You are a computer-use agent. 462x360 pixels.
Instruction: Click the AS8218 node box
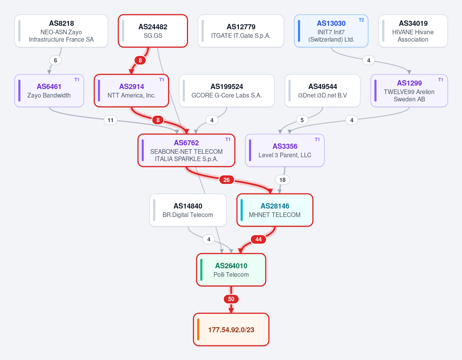[61, 31]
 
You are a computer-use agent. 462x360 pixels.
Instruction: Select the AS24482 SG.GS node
[153, 31]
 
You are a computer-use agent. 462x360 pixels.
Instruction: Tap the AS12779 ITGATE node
[241, 31]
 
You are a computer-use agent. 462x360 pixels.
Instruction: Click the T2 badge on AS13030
[361, 20]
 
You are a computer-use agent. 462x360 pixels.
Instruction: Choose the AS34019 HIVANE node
[413, 31]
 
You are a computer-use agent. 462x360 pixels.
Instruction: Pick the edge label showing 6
[55, 61]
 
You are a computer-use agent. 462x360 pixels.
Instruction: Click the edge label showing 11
[111, 120]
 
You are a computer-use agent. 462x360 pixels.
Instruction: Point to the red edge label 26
[227, 180]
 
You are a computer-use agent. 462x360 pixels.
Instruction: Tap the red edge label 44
[259, 239]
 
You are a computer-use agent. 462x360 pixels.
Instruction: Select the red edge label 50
[231, 299]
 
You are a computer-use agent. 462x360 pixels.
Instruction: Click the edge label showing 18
[282, 180]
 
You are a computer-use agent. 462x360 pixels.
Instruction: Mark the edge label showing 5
[302, 120]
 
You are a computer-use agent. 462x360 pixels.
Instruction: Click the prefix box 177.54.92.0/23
[231, 329]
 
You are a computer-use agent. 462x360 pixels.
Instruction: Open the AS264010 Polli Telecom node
[231, 270]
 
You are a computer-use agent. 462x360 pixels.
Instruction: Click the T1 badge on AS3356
[318, 140]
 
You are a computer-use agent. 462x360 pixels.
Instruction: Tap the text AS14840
[188, 206]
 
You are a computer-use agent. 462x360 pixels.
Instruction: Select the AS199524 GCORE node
[227, 91]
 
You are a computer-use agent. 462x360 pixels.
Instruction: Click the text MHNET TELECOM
[275, 215]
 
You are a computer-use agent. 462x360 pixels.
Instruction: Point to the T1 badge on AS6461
[77, 80]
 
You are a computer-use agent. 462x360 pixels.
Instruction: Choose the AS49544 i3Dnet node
[323, 91]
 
